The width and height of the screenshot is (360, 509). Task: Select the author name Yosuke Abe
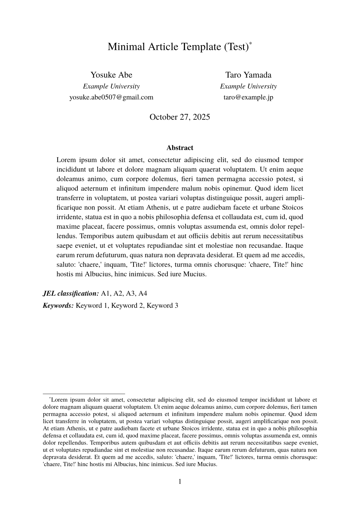pyautogui.click(x=111, y=75)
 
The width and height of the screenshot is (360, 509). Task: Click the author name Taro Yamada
pyautogui.click(x=248, y=75)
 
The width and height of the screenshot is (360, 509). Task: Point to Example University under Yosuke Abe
pyautogui.click(x=111, y=86)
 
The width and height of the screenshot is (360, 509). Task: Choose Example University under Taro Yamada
pyautogui.click(x=248, y=86)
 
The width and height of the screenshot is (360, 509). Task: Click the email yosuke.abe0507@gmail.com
pyautogui.click(x=111, y=97)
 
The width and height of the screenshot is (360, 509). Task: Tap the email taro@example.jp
pyautogui.click(x=248, y=97)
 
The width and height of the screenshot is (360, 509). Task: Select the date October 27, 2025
pyautogui.click(x=180, y=117)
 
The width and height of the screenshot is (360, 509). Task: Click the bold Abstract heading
pyautogui.click(x=180, y=148)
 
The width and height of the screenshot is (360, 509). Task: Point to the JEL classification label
pyautogui.click(x=71, y=293)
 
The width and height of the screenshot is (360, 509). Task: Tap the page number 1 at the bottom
pyautogui.click(x=180, y=481)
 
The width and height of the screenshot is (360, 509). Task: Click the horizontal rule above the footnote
pyautogui.click(x=84, y=394)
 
